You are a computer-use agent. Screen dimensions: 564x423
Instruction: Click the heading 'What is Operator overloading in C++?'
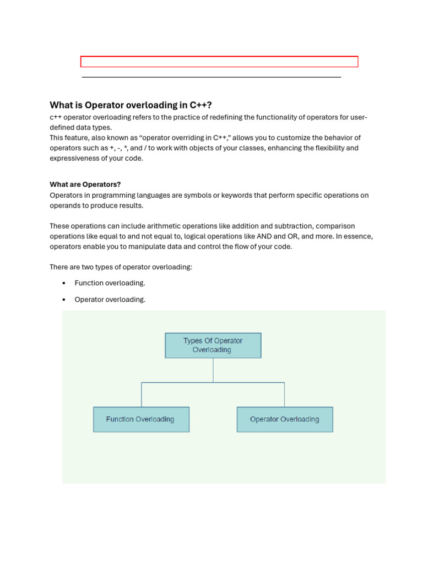131,105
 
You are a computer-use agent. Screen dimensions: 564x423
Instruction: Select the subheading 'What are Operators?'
85,185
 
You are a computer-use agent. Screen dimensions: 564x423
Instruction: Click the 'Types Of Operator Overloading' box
213,345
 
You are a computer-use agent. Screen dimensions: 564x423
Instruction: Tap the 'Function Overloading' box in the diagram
141,419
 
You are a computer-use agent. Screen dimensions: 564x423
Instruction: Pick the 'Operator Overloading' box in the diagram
284,419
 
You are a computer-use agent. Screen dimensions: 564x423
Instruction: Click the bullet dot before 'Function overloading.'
64,283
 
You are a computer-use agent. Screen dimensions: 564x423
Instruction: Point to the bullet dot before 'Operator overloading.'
64,300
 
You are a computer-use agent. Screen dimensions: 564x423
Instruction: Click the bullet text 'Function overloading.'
110,283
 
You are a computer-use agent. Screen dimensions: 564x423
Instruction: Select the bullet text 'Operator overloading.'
110,300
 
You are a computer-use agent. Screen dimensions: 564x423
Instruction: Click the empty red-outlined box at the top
219,62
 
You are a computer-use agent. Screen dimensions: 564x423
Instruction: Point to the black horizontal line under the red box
211,77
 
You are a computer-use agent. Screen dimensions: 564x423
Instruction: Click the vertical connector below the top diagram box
213,370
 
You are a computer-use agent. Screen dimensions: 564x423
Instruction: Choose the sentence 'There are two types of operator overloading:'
121,267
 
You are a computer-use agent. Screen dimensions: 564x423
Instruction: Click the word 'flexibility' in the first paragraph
328,148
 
